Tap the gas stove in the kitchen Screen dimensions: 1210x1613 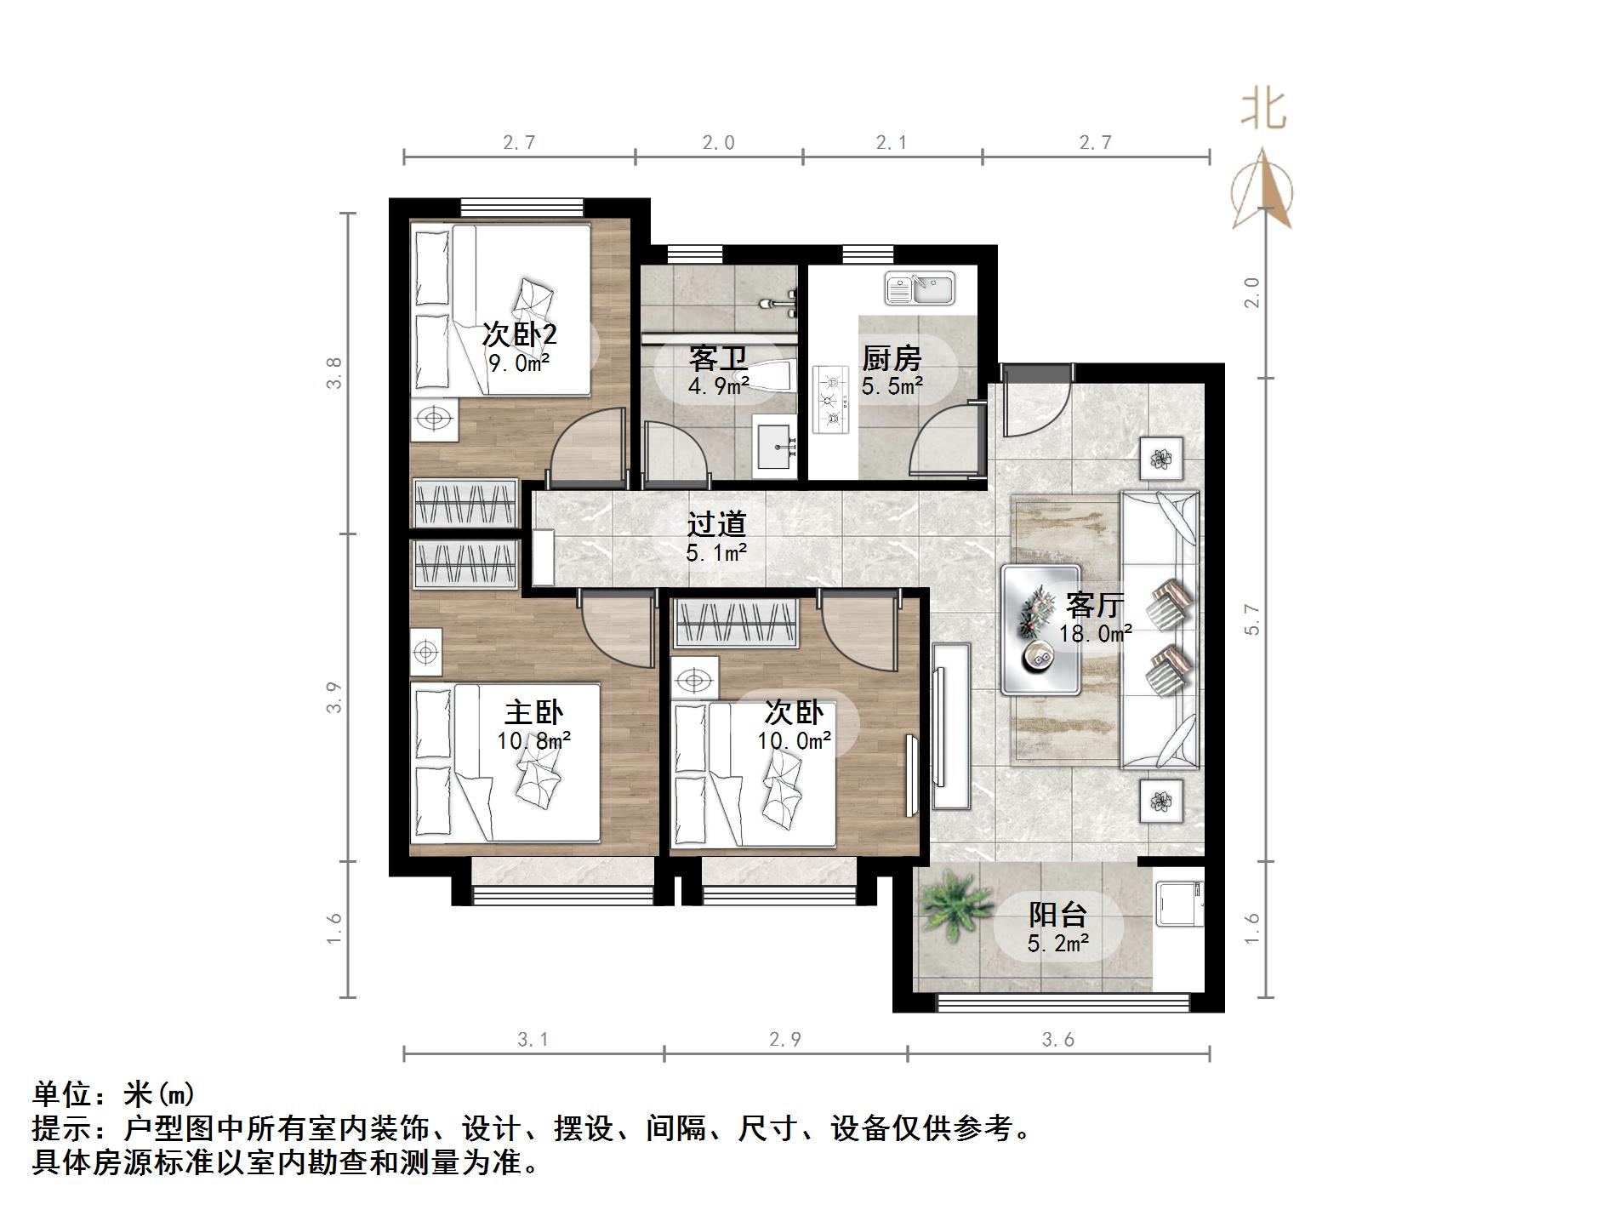point(832,399)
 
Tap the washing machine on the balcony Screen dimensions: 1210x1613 point(1179,904)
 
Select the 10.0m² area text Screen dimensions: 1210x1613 point(794,740)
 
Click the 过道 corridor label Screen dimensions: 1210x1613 point(716,524)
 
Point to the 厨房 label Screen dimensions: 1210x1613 point(891,358)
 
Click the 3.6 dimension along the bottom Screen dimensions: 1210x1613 point(1058,1039)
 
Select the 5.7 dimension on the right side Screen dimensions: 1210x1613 point(1251,619)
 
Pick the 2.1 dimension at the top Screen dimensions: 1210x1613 point(892,142)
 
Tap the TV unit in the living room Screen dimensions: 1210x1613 point(950,725)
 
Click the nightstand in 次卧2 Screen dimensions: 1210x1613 point(434,419)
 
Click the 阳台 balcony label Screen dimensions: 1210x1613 point(1058,915)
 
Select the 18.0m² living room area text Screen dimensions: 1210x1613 point(1095,633)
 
